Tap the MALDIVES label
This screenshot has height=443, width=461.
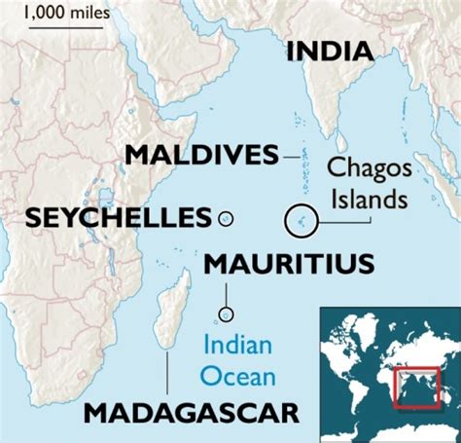[x=201, y=155]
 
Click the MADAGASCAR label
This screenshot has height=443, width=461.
[x=191, y=413]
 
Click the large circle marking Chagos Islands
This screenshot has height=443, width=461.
[x=300, y=219]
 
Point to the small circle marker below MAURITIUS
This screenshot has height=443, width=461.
[x=227, y=314]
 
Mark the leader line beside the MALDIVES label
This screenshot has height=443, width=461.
[x=291, y=155]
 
